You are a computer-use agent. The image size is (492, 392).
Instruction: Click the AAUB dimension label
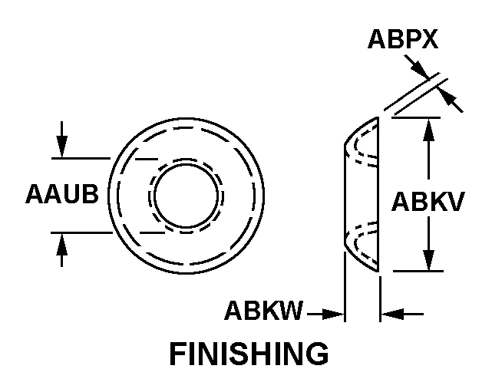62,194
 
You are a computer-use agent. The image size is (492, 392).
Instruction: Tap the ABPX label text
403,39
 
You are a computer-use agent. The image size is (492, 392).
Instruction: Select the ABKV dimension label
428,201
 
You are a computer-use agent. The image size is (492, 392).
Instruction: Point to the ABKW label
264,310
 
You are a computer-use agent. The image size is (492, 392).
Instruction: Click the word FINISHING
249,354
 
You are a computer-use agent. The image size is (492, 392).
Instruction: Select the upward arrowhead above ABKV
428,130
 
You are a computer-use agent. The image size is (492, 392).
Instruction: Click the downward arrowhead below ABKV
428,259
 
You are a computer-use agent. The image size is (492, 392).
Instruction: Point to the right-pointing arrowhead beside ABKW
333,314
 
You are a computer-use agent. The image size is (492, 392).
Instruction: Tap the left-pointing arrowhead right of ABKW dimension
392,314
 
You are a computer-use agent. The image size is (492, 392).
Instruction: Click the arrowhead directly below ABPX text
420,68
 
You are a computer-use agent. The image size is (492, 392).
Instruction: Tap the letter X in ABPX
429,39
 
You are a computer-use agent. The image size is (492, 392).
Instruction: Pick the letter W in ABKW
291,310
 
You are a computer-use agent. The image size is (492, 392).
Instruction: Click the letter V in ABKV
456,201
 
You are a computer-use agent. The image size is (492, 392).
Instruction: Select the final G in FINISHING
319,354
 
